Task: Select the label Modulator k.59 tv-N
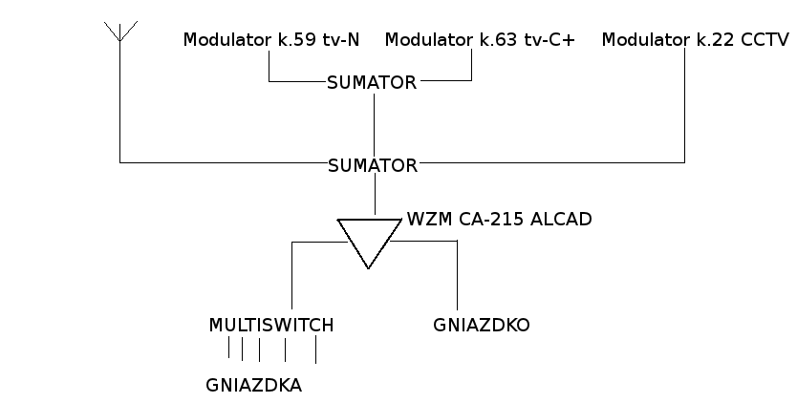[x=271, y=40]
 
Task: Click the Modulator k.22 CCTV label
[x=695, y=40]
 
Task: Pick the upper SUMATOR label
[x=372, y=82]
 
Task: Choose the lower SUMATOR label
[x=372, y=165]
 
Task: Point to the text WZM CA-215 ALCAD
[x=499, y=219]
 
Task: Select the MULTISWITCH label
[x=271, y=326]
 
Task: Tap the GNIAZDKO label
[x=481, y=326]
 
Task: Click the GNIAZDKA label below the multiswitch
[x=253, y=386]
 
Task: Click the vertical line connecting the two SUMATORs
[x=374, y=124]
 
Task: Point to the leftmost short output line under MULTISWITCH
[x=229, y=350]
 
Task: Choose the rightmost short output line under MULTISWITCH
[x=315, y=350]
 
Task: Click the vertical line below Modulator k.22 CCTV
[x=685, y=105]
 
